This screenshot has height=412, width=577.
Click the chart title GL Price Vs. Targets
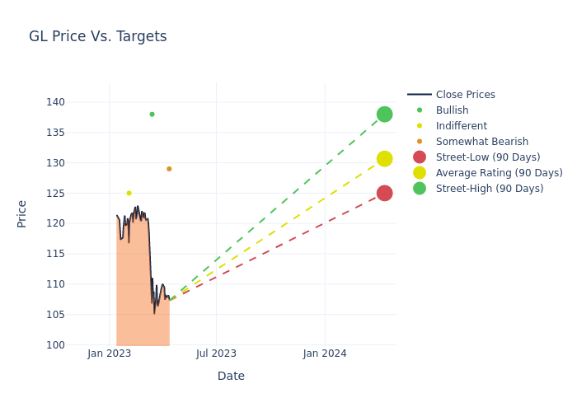tap(97, 36)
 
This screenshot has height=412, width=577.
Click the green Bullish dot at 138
tap(152, 114)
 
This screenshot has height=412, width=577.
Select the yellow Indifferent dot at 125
tap(129, 193)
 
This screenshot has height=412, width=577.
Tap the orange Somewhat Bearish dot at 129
tap(169, 169)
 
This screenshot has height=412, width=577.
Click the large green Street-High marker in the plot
tap(384, 114)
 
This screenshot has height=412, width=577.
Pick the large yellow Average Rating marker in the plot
tap(384, 158)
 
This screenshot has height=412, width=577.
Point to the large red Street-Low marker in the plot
tap(384, 193)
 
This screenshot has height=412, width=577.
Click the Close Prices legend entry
tap(465, 95)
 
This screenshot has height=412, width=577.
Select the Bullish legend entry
tap(452, 110)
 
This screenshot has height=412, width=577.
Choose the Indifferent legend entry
tap(461, 126)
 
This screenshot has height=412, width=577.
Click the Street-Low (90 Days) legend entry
tap(487, 157)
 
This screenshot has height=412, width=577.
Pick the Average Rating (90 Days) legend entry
tap(499, 173)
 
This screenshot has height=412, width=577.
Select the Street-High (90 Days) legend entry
tap(489, 189)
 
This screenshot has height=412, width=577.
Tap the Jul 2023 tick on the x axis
tap(216, 353)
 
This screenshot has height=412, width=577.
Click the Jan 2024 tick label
tap(325, 353)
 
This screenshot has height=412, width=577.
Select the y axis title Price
tap(22, 213)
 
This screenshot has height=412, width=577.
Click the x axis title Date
tap(231, 376)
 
